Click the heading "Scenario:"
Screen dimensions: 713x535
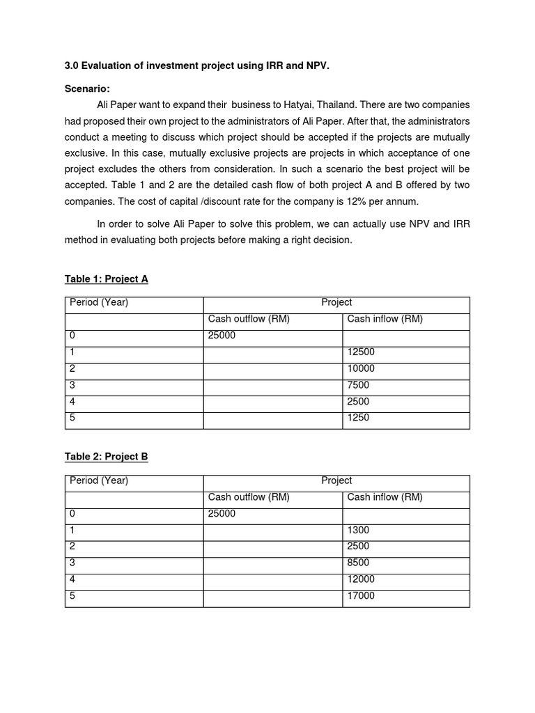tap(87, 88)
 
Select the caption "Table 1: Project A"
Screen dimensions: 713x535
tap(106, 279)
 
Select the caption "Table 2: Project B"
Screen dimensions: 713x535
tap(106, 457)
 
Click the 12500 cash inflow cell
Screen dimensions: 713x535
tap(361, 352)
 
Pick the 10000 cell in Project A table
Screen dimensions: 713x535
tap(361, 368)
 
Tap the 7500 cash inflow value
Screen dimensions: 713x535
tap(358, 385)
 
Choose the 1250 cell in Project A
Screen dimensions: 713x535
tap(358, 418)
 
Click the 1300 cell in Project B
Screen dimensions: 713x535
tap(358, 531)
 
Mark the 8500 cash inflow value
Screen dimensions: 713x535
tap(358, 563)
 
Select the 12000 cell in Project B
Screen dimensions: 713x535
tap(361, 579)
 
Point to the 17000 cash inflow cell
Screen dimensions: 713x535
tap(361, 596)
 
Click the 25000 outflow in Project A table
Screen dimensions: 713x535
tap(222, 336)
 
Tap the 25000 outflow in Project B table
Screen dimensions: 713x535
tap(222, 514)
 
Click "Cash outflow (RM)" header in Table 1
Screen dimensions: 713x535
tap(249, 319)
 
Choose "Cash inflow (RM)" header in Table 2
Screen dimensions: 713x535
tap(385, 497)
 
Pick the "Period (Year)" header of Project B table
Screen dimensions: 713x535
tap(99, 480)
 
